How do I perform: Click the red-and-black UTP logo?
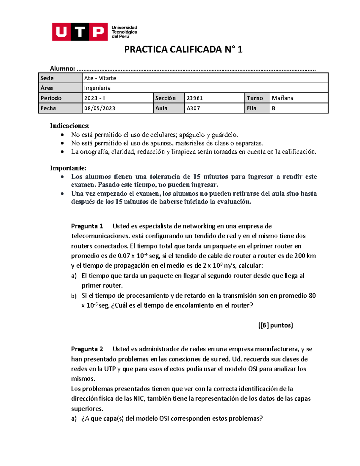(x=80, y=32)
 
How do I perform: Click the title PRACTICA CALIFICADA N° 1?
(x=183, y=49)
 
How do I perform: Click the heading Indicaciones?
(x=69, y=125)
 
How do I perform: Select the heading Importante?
(x=68, y=168)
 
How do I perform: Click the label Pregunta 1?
(x=87, y=226)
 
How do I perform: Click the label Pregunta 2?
(x=87, y=349)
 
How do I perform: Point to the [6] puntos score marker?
(x=275, y=325)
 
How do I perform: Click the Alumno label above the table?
(x=62, y=68)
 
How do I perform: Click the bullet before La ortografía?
(x=62, y=152)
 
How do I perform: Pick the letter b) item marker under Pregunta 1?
(x=74, y=296)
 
